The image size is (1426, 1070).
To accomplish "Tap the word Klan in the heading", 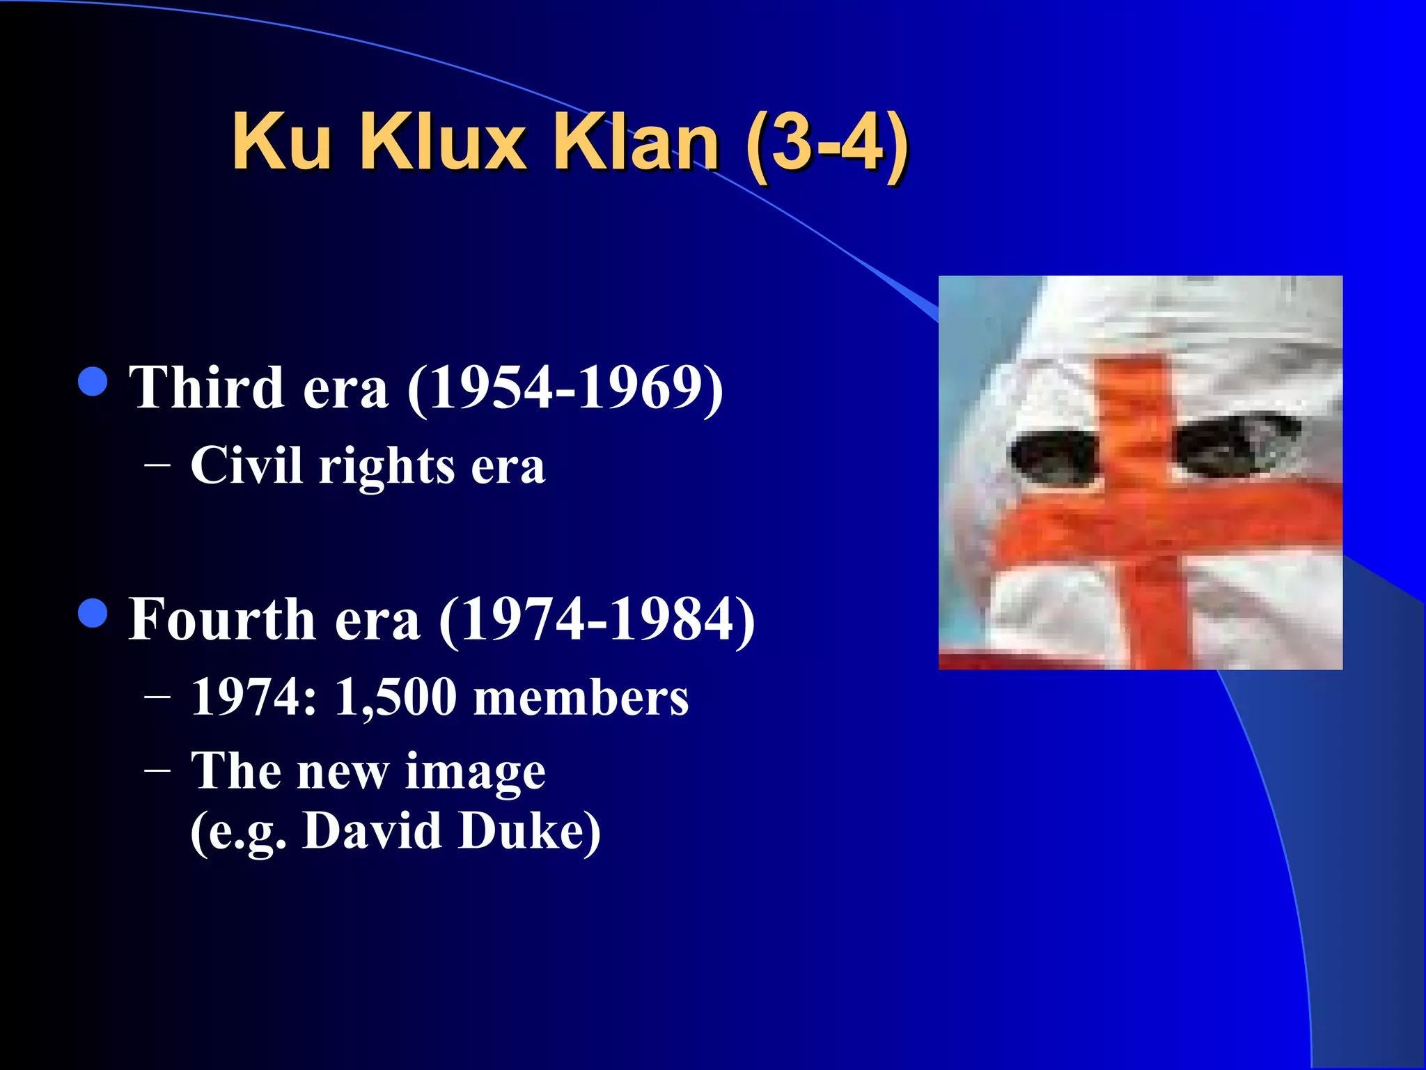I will click(635, 143).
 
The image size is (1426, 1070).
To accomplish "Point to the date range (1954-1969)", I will click(565, 389).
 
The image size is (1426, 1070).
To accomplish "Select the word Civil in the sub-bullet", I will click(246, 465).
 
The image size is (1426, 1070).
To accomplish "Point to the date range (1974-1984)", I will click(597, 620).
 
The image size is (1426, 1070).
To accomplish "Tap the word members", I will click(581, 697).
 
